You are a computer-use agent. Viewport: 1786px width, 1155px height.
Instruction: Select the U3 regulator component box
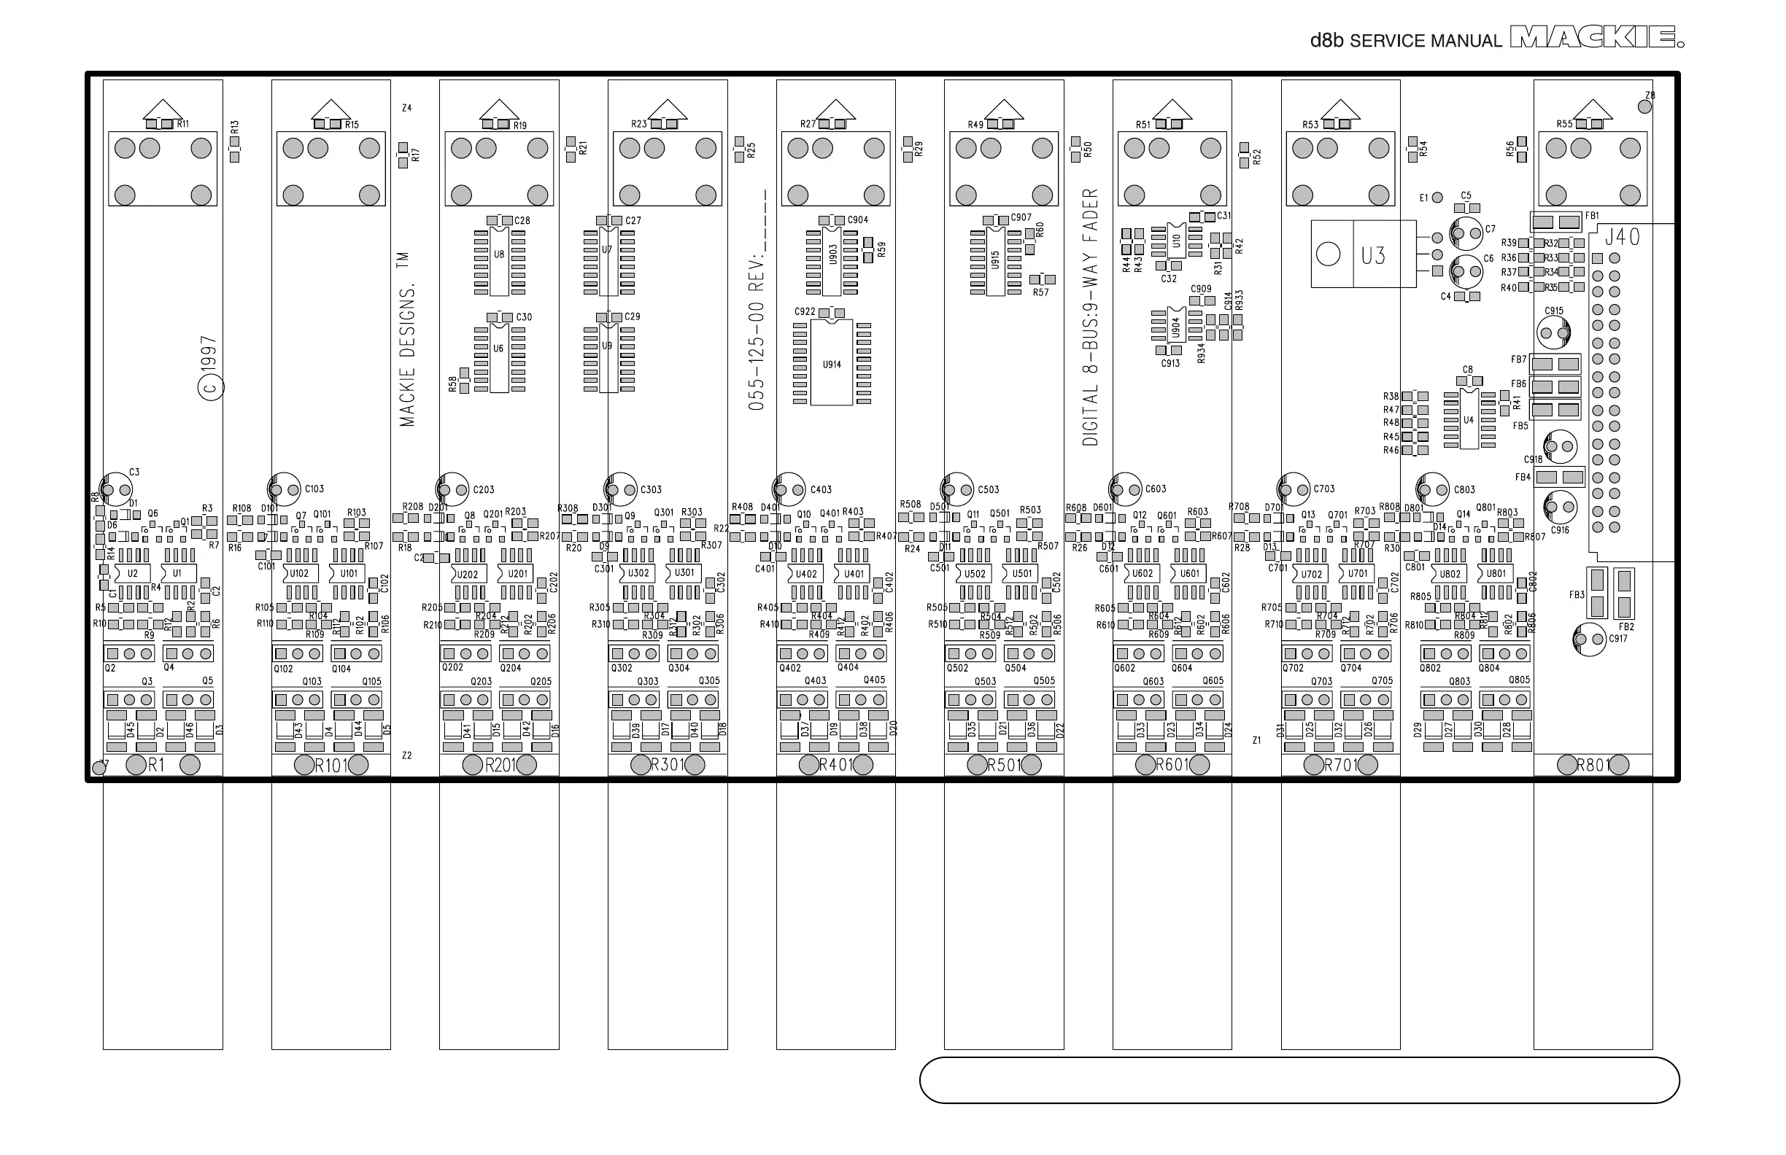(x=1364, y=254)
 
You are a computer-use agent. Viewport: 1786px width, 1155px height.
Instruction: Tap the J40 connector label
(x=1623, y=237)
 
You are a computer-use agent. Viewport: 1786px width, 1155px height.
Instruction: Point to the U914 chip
(x=832, y=363)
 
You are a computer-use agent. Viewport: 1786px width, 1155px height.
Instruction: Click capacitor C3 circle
(x=115, y=490)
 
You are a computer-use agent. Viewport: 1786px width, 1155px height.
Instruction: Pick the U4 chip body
(x=1469, y=419)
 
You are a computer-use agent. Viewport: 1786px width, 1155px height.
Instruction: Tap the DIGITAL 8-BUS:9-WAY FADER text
(x=1091, y=316)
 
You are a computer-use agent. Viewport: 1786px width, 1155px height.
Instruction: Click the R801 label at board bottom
(x=1593, y=765)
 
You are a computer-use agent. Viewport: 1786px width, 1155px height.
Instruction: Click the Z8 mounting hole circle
(x=1644, y=106)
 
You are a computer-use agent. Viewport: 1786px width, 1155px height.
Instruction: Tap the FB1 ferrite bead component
(x=1555, y=222)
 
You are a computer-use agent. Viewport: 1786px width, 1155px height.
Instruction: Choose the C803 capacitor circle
(x=1433, y=490)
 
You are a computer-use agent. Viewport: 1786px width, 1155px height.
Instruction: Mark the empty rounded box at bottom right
(x=1299, y=1080)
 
